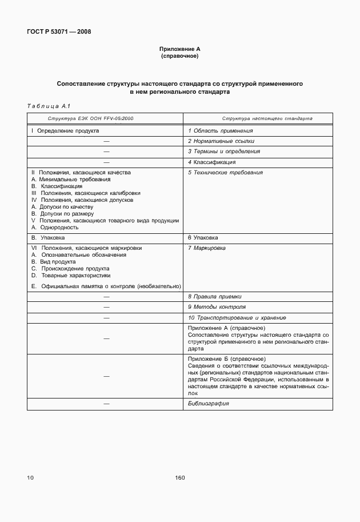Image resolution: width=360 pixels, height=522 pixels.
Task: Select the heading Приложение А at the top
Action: [x=179, y=50]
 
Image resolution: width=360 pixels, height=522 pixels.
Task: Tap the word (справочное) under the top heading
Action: [x=179, y=57]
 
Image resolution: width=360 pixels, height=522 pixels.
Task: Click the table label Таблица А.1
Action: [x=48, y=106]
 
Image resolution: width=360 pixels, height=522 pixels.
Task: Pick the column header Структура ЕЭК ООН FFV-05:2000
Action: [x=83, y=118]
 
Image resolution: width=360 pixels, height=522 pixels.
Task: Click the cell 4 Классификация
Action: [x=211, y=162]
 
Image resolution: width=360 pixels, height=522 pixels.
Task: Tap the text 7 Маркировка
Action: [x=207, y=248]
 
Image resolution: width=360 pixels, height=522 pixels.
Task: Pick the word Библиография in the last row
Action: [x=209, y=403]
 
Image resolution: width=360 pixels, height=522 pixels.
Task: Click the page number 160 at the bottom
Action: [x=180, y=478]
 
